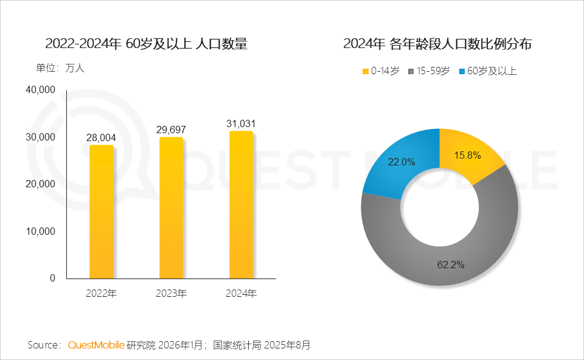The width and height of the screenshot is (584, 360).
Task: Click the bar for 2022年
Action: [102, 212]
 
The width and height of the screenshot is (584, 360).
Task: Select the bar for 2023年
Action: [171, 208]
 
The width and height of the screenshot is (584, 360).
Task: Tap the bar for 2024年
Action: [241, 205]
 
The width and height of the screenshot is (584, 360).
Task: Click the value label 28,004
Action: [102, 137]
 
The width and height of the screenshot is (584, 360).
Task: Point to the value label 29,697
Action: [171, 130]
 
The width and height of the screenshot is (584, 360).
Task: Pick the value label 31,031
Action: [241, 123]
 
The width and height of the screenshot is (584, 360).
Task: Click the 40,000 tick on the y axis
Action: [41, 90]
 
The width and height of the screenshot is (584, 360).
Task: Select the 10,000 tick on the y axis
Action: [41, 231]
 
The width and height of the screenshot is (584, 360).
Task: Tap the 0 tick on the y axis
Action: [52, 278]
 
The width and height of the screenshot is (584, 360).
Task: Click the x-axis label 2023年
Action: [171, 294]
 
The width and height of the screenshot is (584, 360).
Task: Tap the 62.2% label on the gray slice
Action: [451, 265]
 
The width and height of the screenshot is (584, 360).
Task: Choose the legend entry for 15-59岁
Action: [431, 71]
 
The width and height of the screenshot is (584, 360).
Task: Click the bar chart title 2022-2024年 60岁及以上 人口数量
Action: [146, 44]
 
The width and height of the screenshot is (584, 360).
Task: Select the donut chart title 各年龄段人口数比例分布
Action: [439, 44]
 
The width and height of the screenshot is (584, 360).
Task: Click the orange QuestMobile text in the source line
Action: [96, 345]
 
